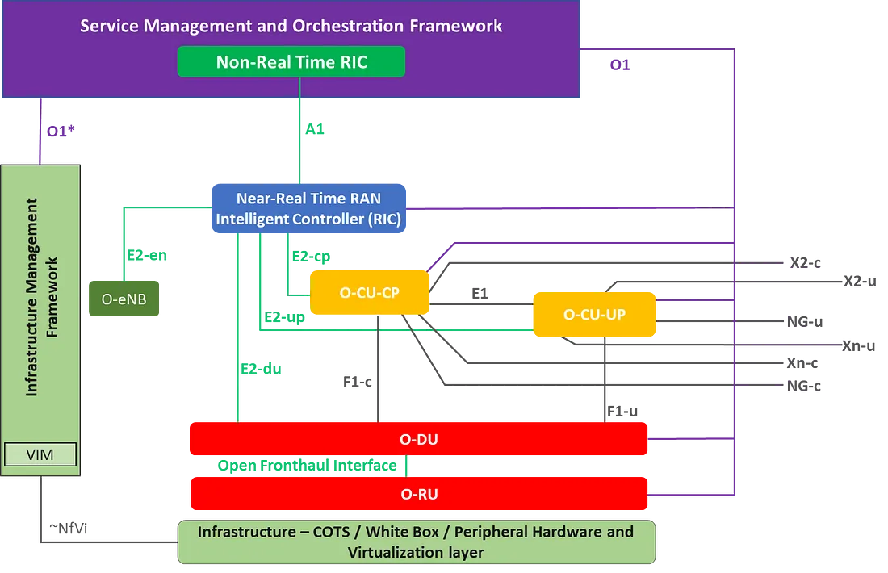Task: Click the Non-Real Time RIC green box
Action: click(291, 62)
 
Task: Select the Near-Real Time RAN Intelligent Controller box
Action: click(308, 208)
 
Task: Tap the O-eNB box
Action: click(124, 300)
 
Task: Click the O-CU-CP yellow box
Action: click(371, 293)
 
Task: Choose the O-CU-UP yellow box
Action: click(593, 314)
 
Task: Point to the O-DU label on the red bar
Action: click(418, 439)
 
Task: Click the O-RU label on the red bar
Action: click(418, 493)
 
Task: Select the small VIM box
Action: click(40, 454)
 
